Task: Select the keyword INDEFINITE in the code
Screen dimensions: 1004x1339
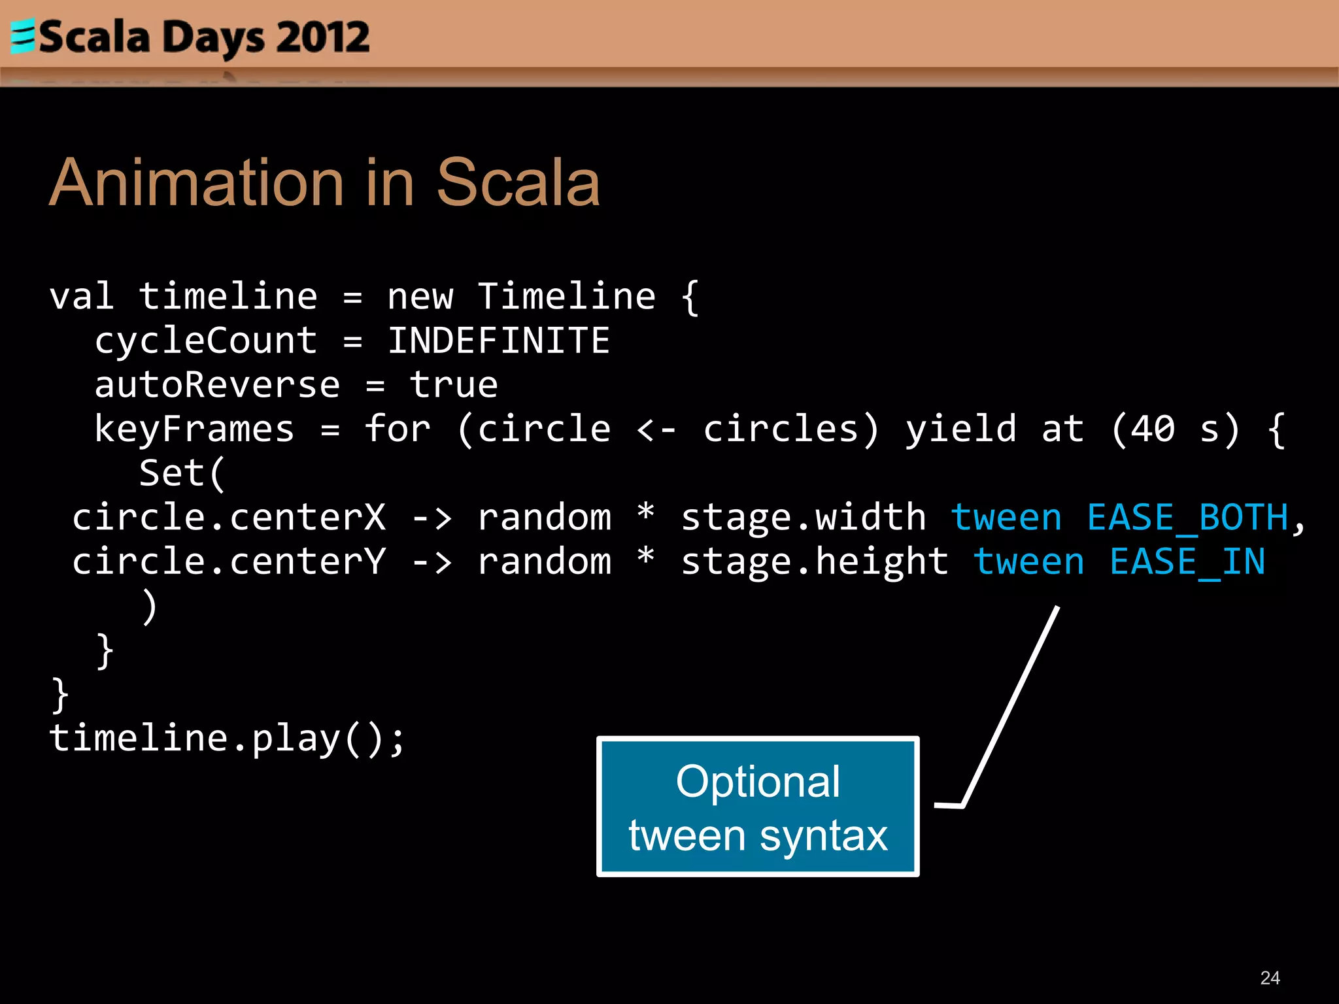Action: click(x=498, y=341)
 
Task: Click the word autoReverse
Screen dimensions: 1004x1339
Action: click(x=217, y=384)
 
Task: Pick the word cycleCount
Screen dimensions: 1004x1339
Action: click(x=206, y=341)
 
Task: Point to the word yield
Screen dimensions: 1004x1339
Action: click(x=960, y=429)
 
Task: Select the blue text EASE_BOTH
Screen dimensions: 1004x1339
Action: click(x=1187, y=518)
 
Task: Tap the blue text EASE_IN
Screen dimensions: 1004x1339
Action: click(x=1187, y=562)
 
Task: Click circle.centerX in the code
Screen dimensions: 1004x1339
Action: click(x=229, y=518)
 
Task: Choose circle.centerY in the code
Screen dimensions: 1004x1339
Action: click(x=229, y=562)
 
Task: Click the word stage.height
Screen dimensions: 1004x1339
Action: click(x=815, y=562)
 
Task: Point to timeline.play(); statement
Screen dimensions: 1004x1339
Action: click(x=227, y=739)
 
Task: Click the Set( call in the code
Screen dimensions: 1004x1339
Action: click(x=182, y=473)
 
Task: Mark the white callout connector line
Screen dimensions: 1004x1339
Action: click(x=1010, y=706)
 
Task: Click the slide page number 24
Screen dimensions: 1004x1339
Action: click(x=1269, y=977)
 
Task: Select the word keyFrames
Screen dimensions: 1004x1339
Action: click(x=194, y=429)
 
